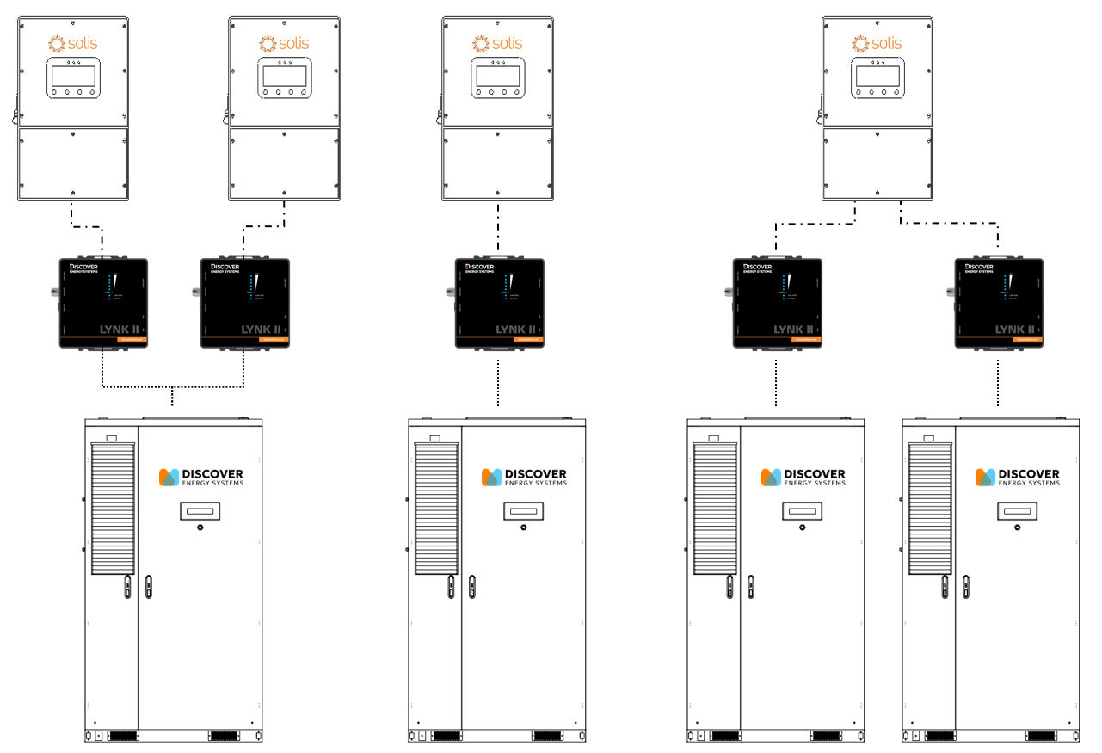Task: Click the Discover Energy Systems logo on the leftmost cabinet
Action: click(201, 477)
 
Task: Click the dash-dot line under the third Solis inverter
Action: click(498, 228)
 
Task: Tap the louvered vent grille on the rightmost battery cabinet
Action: click(931, 508)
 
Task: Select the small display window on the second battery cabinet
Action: click(523, 511)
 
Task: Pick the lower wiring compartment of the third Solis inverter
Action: click(497, 164)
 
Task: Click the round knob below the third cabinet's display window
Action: click(802, 529)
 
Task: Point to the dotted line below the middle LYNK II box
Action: click(498, 379)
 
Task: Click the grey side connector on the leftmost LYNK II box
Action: click(53, 291)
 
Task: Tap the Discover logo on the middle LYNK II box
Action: click(479, 268)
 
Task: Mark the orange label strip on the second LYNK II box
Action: click(274, 340)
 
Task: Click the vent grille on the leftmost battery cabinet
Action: click(114, 508)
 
